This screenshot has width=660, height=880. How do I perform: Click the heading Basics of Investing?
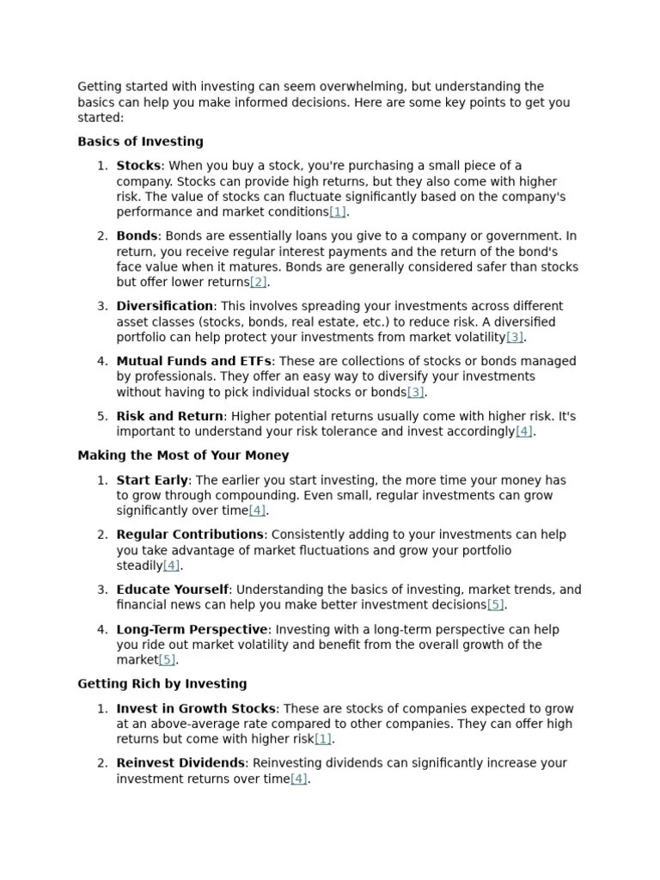[140, 142]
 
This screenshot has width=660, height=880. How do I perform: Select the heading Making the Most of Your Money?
[183, 455]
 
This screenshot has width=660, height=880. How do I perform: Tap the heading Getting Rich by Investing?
[162, 684]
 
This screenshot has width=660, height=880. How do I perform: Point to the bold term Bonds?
[137, 235]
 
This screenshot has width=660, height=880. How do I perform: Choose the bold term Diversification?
[165, 306]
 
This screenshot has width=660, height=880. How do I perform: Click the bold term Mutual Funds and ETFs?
[193, 361]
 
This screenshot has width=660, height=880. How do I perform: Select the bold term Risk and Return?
[170, 416]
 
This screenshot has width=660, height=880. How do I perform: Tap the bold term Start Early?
[152, 480]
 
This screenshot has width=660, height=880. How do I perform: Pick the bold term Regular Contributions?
[190, 535]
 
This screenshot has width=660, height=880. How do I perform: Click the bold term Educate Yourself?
[173, 590]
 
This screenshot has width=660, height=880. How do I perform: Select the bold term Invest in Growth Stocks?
[196, 709]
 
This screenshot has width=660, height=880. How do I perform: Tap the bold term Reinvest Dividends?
[180, 763]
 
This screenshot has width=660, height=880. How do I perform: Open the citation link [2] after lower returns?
[258, 283]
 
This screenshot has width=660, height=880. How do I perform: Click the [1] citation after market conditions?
[337, 212]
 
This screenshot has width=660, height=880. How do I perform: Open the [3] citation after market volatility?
[514, 338]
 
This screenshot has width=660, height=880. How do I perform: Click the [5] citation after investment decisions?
[496, 605]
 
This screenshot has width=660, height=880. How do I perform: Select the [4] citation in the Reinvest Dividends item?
[298, 779]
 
